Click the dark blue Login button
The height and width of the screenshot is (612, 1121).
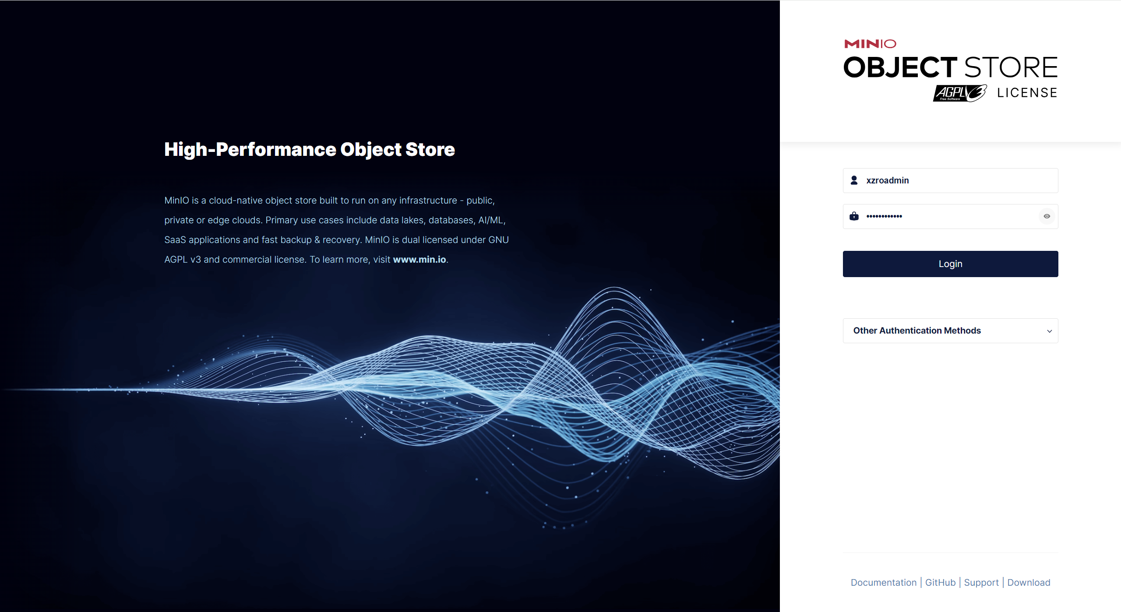click(950, 264)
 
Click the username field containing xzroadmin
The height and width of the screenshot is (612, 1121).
click(950, 180)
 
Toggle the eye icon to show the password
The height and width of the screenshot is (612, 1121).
click(1047, 216)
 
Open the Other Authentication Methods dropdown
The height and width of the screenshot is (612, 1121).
click(950, 331)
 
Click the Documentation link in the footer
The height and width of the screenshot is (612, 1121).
click(883, 582)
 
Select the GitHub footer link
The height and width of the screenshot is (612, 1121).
click(940, 582)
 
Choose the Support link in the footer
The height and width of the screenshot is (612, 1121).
click(981, 583)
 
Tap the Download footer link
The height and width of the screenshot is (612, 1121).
click(1029, 582)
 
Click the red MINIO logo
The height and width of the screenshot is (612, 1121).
click(870, 44)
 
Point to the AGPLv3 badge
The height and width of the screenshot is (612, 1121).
click(960, 93)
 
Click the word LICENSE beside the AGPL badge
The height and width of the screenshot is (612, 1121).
click(1027, 93)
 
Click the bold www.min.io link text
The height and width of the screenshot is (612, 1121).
click(419, 260)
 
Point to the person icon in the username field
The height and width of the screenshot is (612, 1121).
click(854, 180)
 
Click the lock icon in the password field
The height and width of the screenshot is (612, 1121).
click(854, 216)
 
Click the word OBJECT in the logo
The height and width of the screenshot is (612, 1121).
click(900, 67)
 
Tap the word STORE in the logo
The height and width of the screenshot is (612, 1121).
click(1011, 67)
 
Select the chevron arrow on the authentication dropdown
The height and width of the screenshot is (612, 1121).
click(1049, 331)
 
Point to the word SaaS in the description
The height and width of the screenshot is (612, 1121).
click(175, 240)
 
